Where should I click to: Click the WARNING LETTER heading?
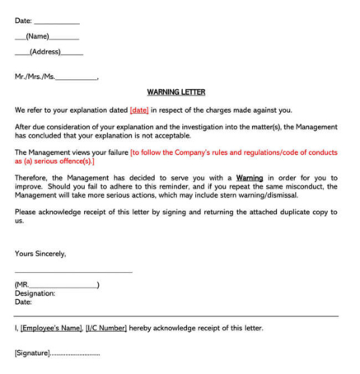pos(176,92)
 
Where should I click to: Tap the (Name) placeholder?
pos(37,36)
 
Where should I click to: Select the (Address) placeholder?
pos(45,52)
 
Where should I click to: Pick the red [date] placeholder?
pos(139,110)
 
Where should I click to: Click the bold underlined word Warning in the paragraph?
pos(250,177)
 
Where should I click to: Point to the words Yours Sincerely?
pos(40,254)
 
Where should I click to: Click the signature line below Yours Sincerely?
pos(73,272)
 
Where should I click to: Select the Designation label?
pos(35,293)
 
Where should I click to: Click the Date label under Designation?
pos(23,302)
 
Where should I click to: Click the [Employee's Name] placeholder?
pos(50,328)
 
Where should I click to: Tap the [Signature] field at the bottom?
pos(32,353)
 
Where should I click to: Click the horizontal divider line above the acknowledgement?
pos(176,316)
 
